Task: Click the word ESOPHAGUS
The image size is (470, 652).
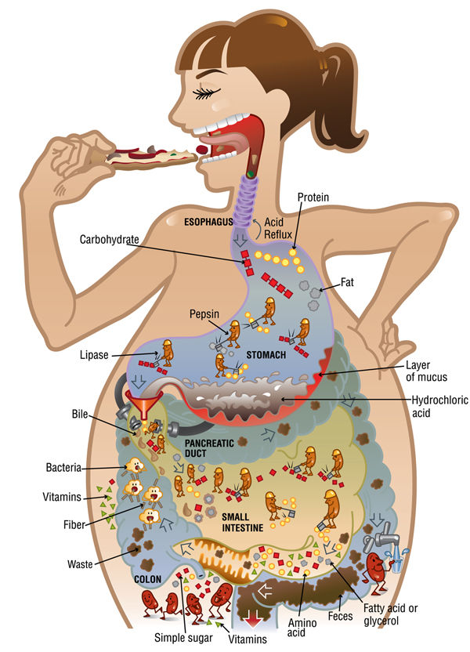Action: pyautogui.click(x=208, y=222)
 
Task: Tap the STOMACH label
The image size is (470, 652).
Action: pyautogui.click(x=266, y=355)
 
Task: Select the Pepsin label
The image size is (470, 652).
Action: pyautogui.click(x=204, y=314)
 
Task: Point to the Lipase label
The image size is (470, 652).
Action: pyautogui.click(x=94, y=355)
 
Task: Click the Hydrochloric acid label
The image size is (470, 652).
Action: pyautogui.click(x=439, y=406)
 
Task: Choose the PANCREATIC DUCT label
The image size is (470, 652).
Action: pyautogui.click(x=209, y=447)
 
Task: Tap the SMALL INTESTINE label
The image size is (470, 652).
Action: pyautogui.click(x=242, y=522)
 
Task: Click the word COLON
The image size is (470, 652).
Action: pyautogui.click(x=147, y=579)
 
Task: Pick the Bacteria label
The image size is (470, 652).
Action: pyautogui.click(x=63, y=467)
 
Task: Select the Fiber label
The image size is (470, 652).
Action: pyautogui.click(x=74, y=524)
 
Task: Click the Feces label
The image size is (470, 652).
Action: pyautogui.click(x=340, y=616)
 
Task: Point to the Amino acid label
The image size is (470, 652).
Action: pyautogui.click(x=302, y=628)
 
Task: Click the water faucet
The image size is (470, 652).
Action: pyautogui.click(x=381, y=537)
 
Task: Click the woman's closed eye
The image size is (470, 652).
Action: pyautogui.click(x=206, y=93)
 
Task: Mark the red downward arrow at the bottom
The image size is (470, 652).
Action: pyautogui.click(x=252, y=618)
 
